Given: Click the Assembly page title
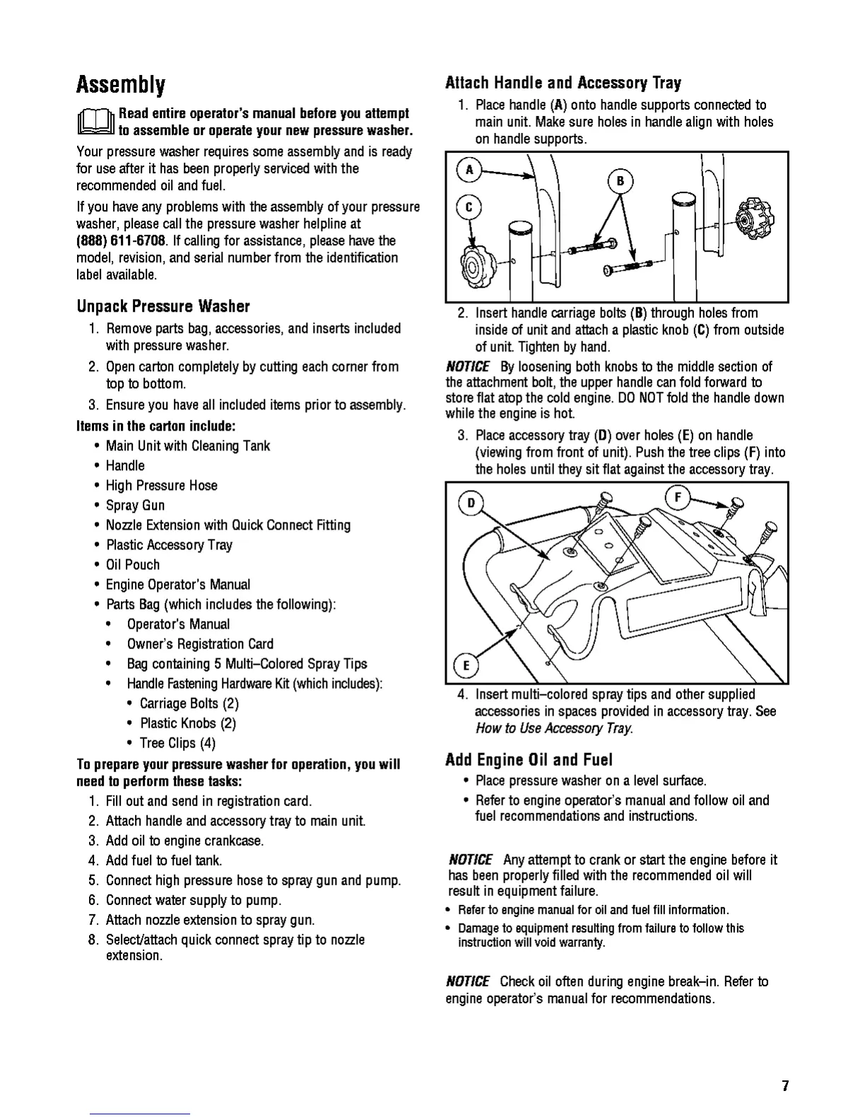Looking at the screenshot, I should [x=121, y=86].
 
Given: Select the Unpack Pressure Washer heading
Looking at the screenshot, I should [x=163, y=307].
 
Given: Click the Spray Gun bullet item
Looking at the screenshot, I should [x=135, y=505].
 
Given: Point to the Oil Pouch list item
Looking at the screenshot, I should [x=133, y=564].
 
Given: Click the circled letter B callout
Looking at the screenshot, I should [x=620, y=182].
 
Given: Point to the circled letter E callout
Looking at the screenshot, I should [x=466, y=665].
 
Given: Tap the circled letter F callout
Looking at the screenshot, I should [x=677, y=498].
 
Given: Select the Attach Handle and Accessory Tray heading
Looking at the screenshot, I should [x=563, y=83].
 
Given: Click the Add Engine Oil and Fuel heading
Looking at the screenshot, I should [x=529, y=760].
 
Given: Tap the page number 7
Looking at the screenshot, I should [x=784, y=1086].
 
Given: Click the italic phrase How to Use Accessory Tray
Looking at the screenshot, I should [x=554, y=728].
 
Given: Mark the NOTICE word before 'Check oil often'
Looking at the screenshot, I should [x=467, y=981].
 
